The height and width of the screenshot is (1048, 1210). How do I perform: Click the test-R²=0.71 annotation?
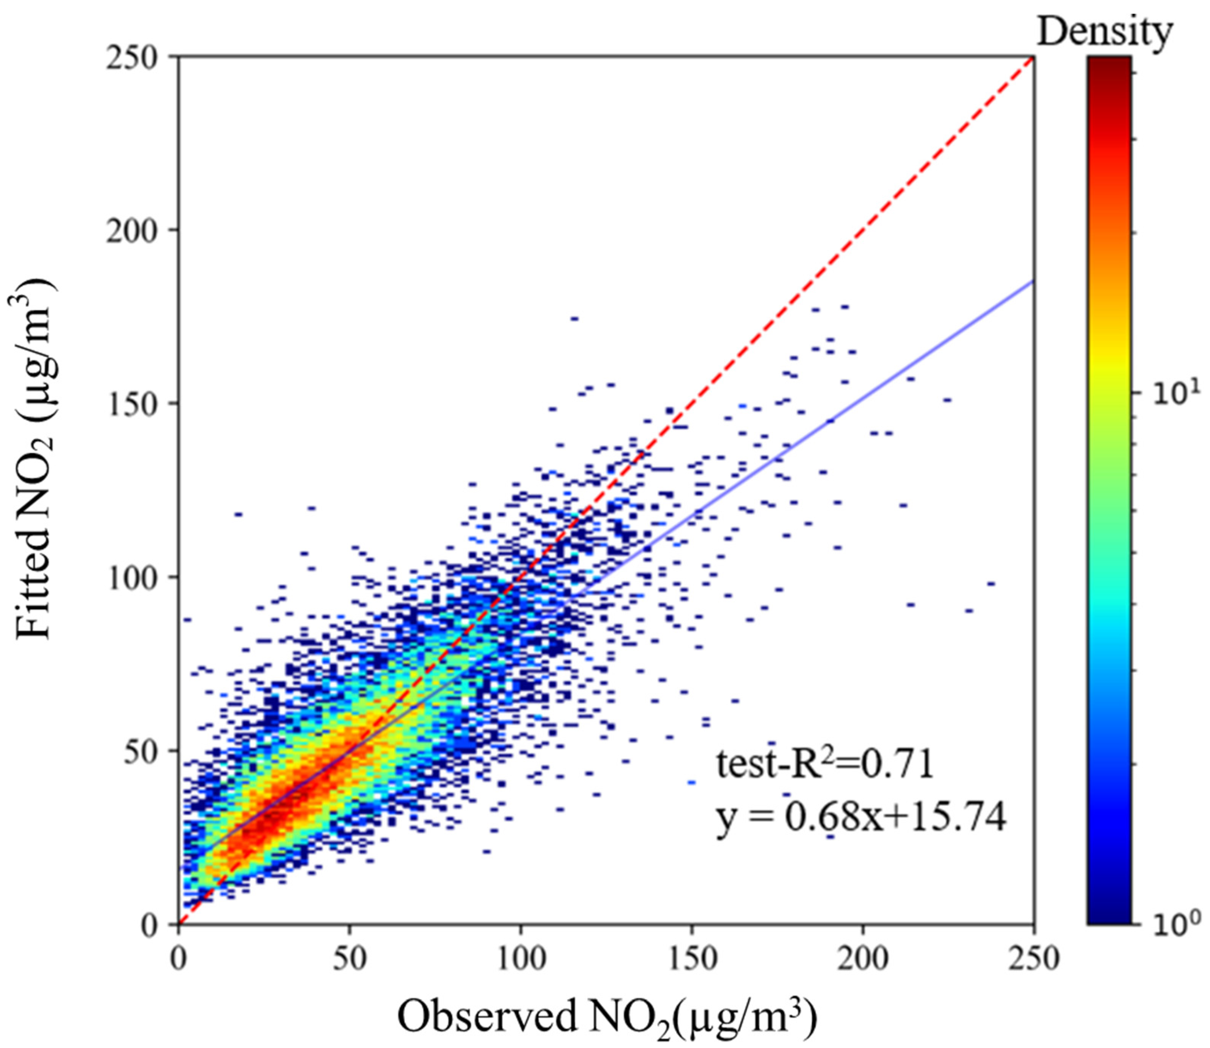tap(825, 765)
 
